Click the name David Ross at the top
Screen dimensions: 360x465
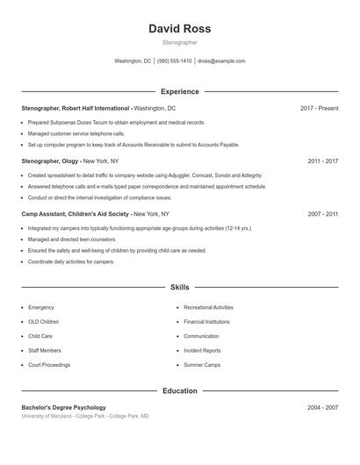pos(179,29)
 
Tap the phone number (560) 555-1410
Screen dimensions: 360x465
pos(174,61)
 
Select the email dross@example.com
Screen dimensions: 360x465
pos(221,61)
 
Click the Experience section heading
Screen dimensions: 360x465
pos(179,91)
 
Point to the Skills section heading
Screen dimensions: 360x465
pos(179,287)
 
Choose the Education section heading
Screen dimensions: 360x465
pos(179,390)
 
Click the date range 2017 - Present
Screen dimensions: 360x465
pos(319,108)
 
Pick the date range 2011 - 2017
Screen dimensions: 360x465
pos(322,161)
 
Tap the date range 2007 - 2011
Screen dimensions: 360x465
pos(322,214)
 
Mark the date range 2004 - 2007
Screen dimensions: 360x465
pos(322,408)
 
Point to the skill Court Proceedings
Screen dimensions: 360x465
pos(49,365)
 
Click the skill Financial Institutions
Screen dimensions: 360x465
pos(206,322)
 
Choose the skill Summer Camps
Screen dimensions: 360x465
pos(202,365)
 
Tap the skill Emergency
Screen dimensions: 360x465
pos(41,308)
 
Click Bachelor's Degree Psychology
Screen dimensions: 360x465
pos(64,408)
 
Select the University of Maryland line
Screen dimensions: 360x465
pos(85,416)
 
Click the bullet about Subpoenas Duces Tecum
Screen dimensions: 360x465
pos(117,123)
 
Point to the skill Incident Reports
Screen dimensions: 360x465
pos(202,351)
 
